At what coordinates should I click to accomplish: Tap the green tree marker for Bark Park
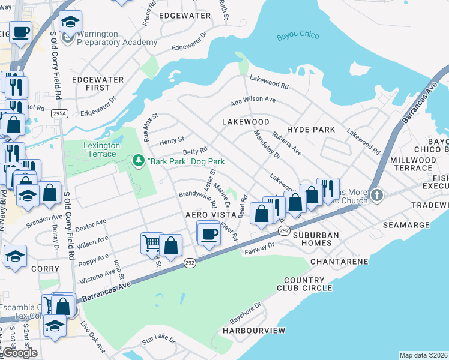coord(139,161)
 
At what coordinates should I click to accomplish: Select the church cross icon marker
coord(376,194)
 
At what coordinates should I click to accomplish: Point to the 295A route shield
coord(59,113)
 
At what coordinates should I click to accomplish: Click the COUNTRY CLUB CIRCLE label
coord(304,284)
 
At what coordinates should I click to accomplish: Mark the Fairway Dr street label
coord(259,248)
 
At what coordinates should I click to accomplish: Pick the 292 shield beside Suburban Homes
coord(283,230)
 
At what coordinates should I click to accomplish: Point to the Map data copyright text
coord(423,355)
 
